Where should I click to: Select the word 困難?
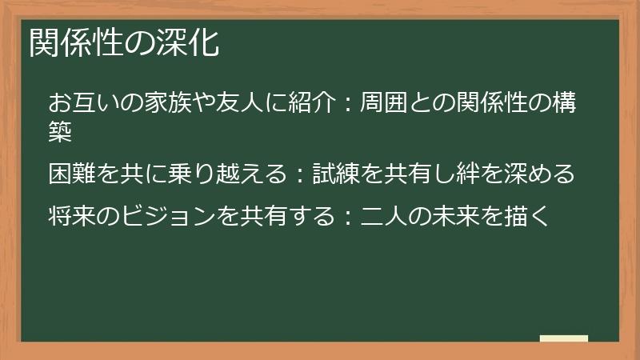pyautogui.click(x=73, y=174)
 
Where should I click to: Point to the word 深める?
pyautogui.click(x=542, y=174)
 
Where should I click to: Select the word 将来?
pyautogui.click(x=73, y=215)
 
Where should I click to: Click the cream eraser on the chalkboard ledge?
pyautogui.click(x=564, y=338)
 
